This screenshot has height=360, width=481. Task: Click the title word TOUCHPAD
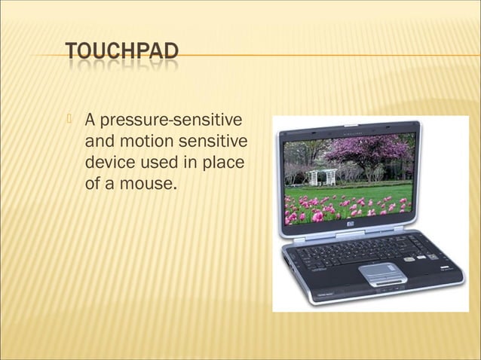click(x=122, y=52)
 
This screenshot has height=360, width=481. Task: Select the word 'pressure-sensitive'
click(x=174, y=121)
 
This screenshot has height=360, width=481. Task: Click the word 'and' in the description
click(x=99, y=141)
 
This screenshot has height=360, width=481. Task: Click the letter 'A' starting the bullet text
click(x=90, y=121)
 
